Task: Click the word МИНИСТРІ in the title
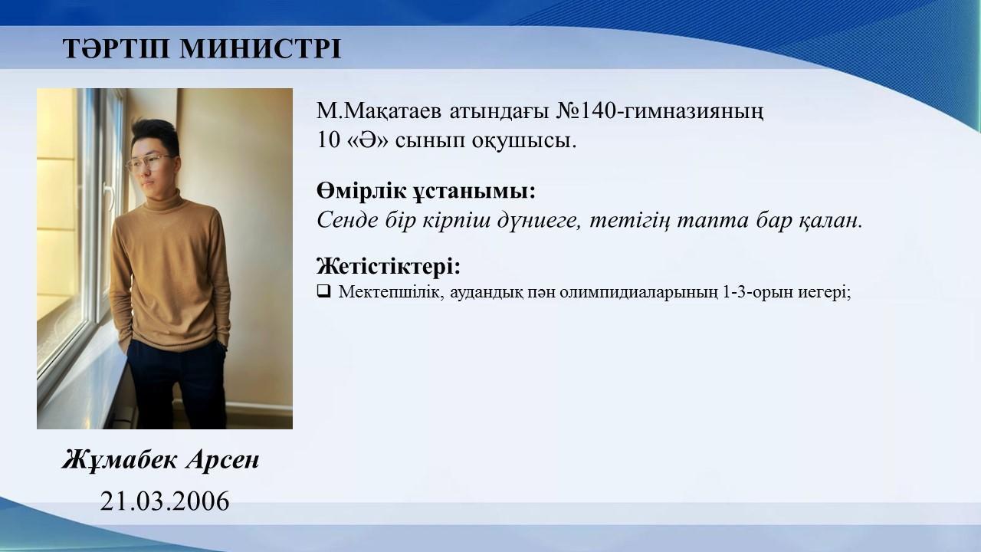tap(260, 48)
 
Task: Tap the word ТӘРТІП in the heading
tap(116, 48)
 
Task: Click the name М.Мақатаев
tap(379, 112)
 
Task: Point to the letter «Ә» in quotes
tap(370, 140)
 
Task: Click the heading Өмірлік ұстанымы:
tap(425, 192)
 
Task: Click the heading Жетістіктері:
tap(389, 266)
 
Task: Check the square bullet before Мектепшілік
tap(323, 291)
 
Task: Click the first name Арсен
tap(223, 460)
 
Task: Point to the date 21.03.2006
tap(165, 501)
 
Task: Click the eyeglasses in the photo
tap(149, 163)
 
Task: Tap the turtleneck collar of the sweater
tap(164, 202)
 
